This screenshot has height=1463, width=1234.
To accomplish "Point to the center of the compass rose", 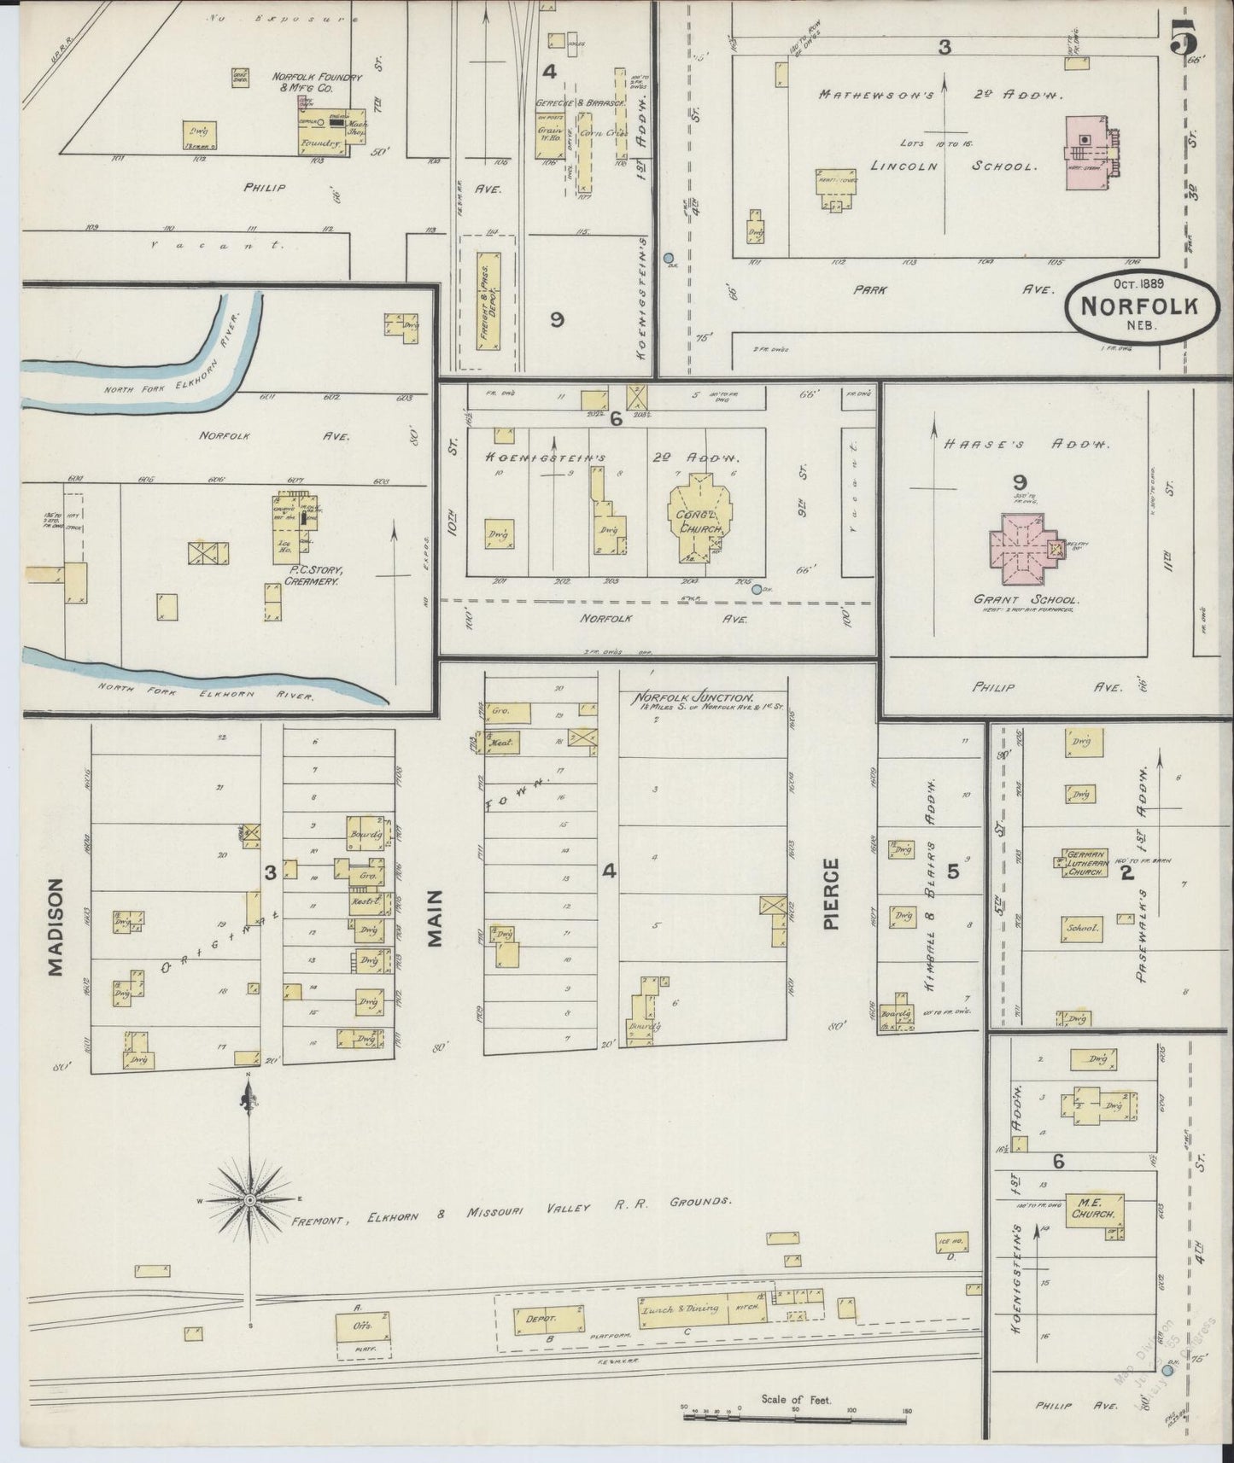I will [x=249, y=1200].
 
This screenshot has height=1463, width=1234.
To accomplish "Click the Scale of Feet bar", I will [x=794, y=1419].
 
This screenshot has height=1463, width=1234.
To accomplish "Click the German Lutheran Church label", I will [x=1085, y=863].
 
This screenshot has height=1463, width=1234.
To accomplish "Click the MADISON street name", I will [x=56, y=927].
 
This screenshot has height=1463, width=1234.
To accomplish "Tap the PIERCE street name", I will [x=833, y=894].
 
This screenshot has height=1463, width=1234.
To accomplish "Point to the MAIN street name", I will [x=436, y=918].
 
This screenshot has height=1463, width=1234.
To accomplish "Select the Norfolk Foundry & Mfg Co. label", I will [x=317, y=82].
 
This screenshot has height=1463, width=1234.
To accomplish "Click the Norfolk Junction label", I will [x=693, y=697].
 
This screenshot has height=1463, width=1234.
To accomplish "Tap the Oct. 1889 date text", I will [x=1143, y=283].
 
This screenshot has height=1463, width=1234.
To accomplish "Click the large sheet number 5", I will [x=1184, y=36].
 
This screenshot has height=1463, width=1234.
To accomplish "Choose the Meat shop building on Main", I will [x=501, y=743].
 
